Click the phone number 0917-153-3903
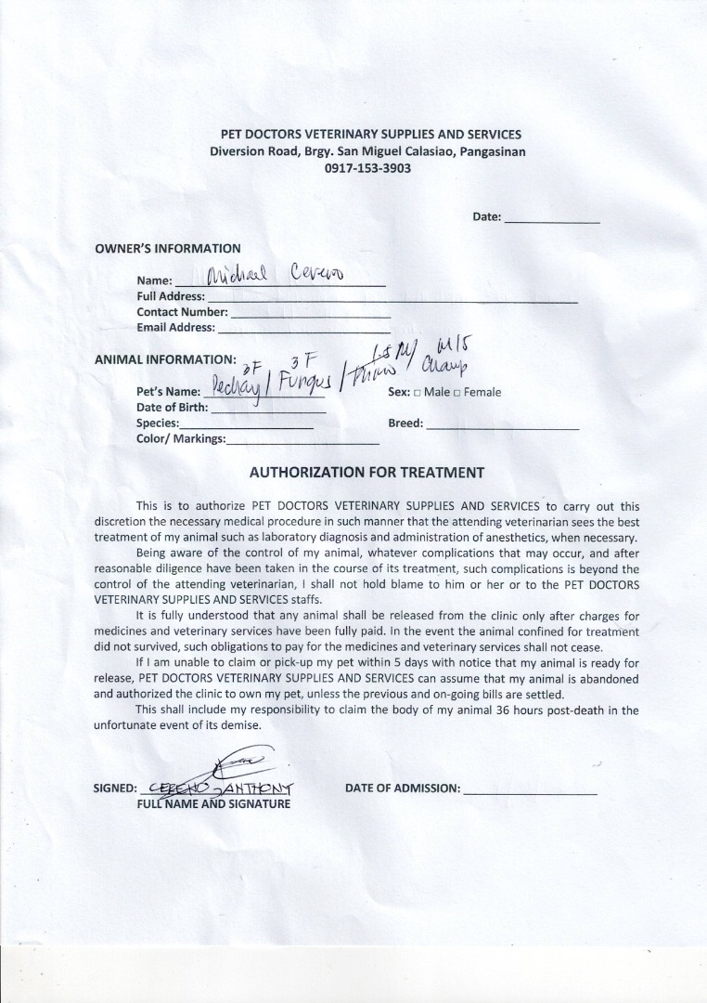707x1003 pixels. [367, 168]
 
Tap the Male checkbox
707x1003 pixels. [418, 393]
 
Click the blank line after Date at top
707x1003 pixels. [551, 219]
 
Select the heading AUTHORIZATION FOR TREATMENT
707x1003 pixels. [366, 472]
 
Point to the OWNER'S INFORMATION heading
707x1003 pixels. [168, 248]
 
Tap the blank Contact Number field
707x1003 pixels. [310, 314]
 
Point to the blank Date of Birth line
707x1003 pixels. [269, 408]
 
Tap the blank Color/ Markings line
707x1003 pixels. [302, 440]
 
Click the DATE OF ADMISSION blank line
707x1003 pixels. [529, 789]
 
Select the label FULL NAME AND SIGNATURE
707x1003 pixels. [213, 803]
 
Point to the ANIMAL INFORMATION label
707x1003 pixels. [165, 359]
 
